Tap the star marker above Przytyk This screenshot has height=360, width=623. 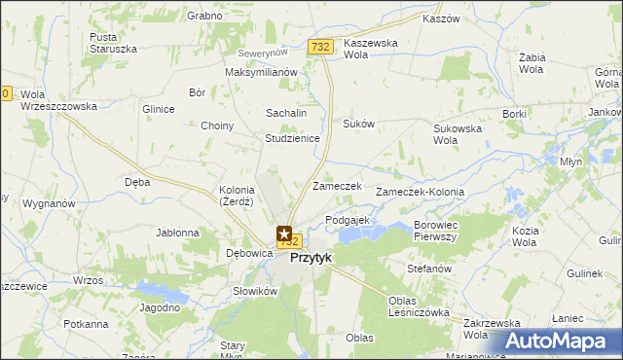(x=284, y=234)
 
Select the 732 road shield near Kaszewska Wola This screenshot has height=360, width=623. (x=320, y=46)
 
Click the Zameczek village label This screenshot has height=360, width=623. (x=337, y=186)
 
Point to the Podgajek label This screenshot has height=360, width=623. (x=348, y=221)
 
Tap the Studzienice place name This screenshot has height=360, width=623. (x=293, y=138)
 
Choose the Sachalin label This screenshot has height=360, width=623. (x=286, y=113)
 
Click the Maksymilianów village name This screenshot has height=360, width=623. (x=260, y=72)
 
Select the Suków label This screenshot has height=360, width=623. (x=358, y=124)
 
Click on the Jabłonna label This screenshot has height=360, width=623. (x=178, y=233)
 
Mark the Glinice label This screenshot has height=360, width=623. (x=158, y=109)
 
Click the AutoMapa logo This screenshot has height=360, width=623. (x=556, y=341)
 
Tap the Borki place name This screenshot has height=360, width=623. (x=514, y=114)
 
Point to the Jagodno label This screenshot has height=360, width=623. (x=161, y=307)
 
